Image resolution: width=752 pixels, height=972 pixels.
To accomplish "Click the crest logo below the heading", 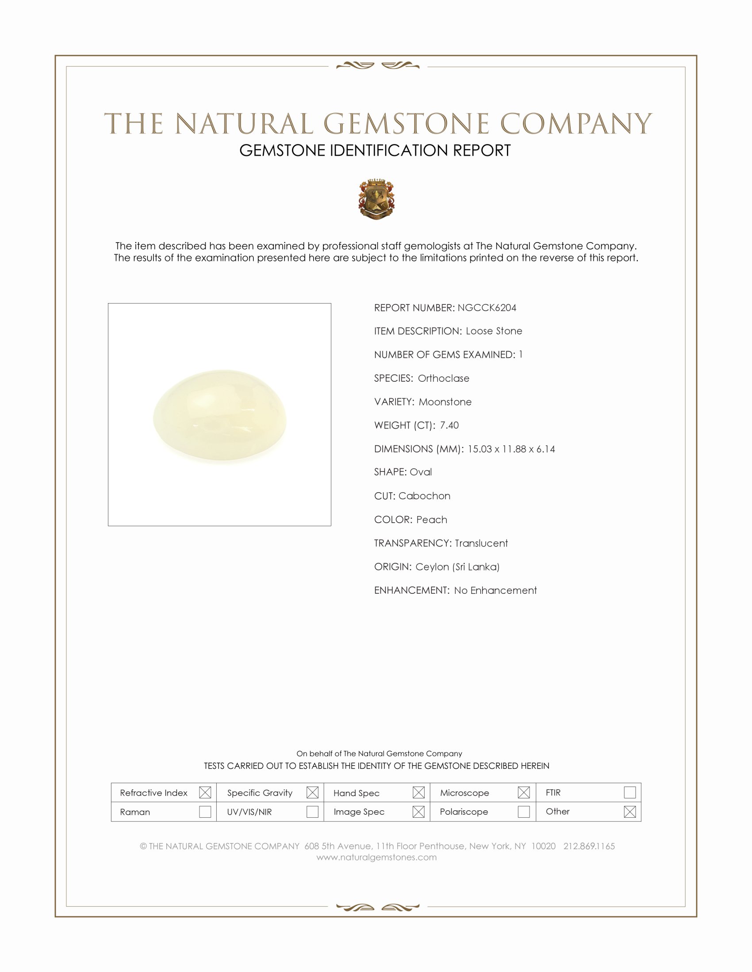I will tap(376, 199).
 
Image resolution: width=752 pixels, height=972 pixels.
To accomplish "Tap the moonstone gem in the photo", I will tap(220, 416).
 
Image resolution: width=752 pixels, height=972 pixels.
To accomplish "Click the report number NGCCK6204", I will tap(487, 308).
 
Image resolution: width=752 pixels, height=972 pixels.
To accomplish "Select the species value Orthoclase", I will tap(443, 378).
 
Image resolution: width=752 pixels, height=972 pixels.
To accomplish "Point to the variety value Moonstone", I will tap(445, 402).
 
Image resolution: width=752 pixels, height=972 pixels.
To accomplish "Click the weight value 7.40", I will tap(449, 425).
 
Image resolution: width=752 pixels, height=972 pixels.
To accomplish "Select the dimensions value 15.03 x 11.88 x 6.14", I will tap(511, 449).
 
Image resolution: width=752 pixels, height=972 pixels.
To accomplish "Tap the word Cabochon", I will tap(424, 496).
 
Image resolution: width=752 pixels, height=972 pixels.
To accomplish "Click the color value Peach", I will tap(432, 520).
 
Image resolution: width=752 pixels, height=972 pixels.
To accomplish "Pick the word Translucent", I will tap(481, 543).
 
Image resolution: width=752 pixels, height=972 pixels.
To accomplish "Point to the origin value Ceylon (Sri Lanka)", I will tap(457, 567).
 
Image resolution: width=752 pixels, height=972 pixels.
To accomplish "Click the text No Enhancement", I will tap(495, 591).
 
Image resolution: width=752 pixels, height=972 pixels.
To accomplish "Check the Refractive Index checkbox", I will tap(205, 793).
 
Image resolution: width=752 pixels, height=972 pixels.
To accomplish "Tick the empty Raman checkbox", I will tap(205, 812).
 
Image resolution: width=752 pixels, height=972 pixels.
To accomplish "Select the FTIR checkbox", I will tap(629, 793).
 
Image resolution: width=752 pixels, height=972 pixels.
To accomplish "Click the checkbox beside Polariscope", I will tap(524, 812).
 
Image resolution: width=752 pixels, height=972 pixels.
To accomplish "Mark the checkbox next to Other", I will tap(629, 812).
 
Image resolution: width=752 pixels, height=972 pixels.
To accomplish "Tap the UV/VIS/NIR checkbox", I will tap(312, 812).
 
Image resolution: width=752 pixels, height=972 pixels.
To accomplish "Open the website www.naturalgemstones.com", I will tap(376, 857).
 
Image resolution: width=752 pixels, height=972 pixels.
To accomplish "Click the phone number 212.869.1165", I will tap(589, 846).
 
